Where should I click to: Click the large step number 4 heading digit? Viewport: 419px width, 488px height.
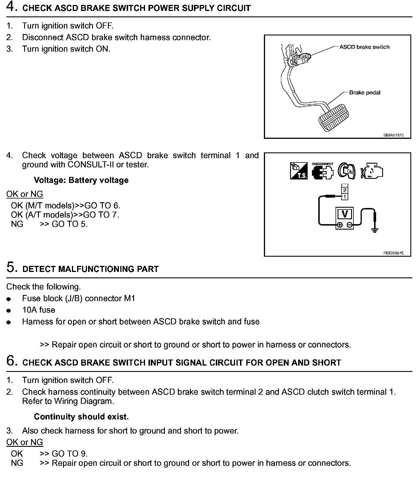(x=10, y=7)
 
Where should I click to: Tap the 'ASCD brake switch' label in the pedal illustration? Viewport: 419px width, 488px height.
(x=364, y=47)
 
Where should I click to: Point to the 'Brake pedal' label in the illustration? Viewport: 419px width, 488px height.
(x=365, y=92)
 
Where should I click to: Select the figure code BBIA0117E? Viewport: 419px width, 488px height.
(x=393, y=135)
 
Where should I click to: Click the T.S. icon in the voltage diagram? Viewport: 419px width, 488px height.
(x=299, y=171)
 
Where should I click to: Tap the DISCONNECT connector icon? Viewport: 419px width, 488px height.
(x=322, y=172)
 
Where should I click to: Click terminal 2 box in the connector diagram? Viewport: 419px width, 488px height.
(x=345, y=190)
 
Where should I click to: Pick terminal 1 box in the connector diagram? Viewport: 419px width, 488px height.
(x=345, y=197)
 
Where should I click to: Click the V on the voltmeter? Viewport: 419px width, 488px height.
(x=345, y=214)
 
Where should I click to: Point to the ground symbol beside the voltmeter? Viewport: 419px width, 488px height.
(x=374, y=230)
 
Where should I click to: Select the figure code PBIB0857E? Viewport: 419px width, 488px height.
(x=393, y=253)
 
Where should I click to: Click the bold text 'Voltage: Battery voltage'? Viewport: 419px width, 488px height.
(x=81, y=180)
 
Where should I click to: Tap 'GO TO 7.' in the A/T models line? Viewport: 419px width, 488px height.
(x=101, y=215)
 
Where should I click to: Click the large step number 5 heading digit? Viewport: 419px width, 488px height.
(x=10, y=267)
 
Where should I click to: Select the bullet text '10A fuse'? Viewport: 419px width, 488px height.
(x=39, y=310)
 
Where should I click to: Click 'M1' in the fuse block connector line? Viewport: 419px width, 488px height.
(x=129, y=298)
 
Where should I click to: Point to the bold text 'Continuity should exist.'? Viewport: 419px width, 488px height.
(x=81, y=417)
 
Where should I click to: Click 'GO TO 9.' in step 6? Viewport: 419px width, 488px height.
(x=70, y=454)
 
